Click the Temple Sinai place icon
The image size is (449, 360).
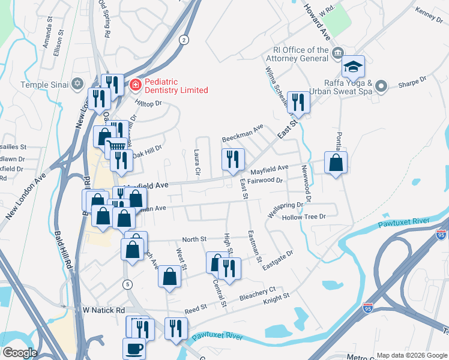coord(77,83)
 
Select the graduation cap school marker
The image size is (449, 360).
coord(354,67)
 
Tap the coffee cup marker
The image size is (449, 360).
coord(134,348)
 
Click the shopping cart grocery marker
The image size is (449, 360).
coord(116,147)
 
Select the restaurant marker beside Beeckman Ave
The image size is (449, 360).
coord(233,160)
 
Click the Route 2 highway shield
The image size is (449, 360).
coord(183,40)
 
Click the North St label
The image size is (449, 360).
coord(194,239)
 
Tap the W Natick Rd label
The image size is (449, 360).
coord(103,310)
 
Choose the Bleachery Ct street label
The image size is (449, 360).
coord(257,295)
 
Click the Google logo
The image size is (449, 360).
coord(19,353)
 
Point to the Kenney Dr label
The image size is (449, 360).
coord(428,14)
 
